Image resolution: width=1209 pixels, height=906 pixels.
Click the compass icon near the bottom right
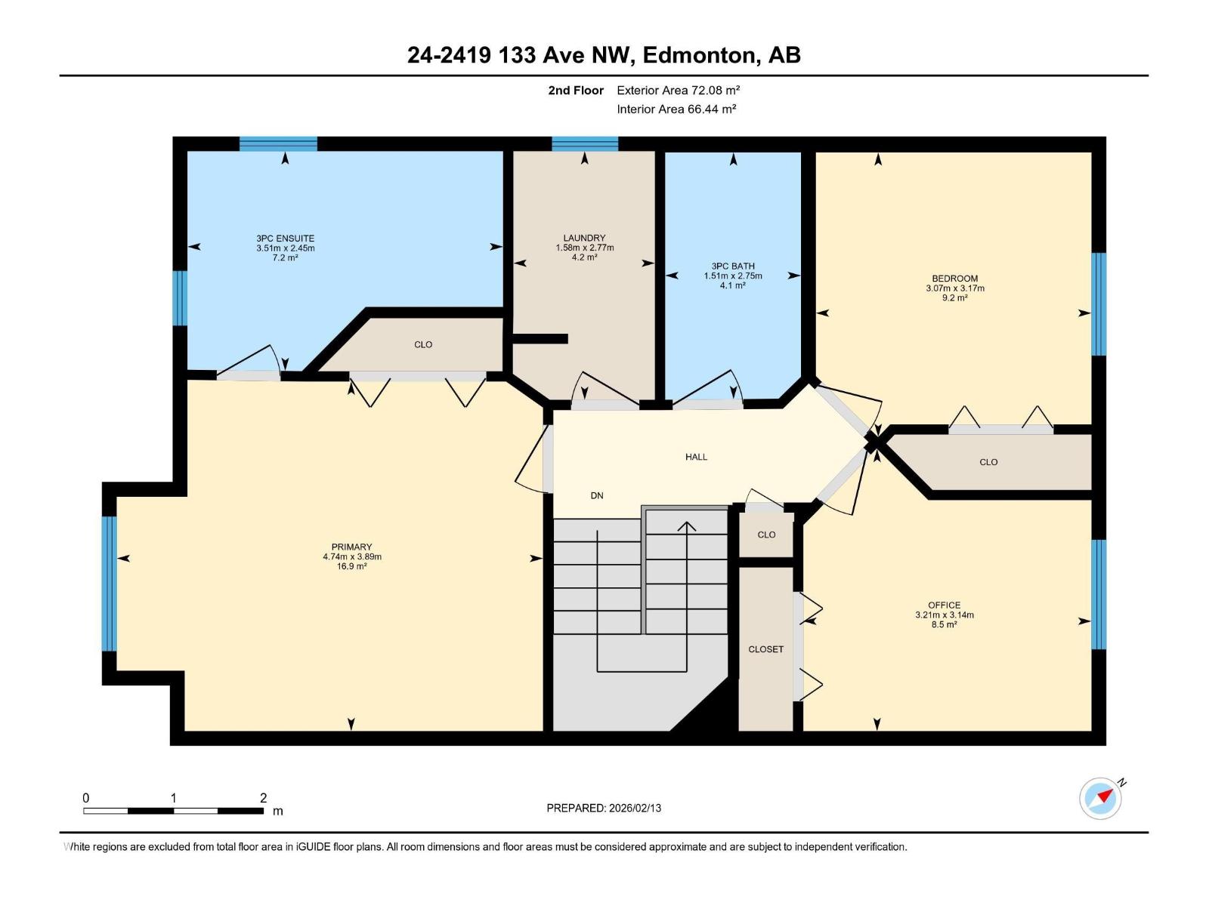tap(1100, 798)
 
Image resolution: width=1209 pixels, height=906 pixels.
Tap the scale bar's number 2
tap(263, 797)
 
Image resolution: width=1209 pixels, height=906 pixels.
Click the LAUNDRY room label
tap(584, 238)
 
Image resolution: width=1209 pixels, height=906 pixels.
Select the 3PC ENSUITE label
tap(286, 238)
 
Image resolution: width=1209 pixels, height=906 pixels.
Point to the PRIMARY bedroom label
tap(351, 547)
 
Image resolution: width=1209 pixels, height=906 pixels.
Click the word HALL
tap(696, 457)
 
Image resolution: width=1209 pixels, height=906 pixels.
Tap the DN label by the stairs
tap(596, 495)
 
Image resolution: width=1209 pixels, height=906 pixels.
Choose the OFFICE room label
tap(944, 605)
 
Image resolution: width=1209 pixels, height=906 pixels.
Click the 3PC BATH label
tap(733, 267)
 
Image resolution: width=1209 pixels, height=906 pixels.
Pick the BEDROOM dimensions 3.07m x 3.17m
tap(955, 288)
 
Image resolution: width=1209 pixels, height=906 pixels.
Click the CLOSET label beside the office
tap(765, 649)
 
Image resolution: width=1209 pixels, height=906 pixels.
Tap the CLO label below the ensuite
tap(423, 345)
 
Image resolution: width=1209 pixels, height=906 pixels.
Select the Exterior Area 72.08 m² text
tap(678, 90)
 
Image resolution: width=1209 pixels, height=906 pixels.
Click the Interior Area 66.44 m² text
tap(676, 109)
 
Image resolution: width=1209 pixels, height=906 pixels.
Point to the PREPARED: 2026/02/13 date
tap(604, 808)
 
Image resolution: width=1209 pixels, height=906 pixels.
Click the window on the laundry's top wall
tap(585, 143)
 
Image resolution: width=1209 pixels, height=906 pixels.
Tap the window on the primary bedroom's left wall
tap(109, 584)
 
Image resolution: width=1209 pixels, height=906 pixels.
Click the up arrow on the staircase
tap(687, 596)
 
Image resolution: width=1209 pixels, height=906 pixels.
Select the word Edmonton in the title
tap(699, 55)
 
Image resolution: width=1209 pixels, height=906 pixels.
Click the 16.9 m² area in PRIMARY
tap(351, 566)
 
